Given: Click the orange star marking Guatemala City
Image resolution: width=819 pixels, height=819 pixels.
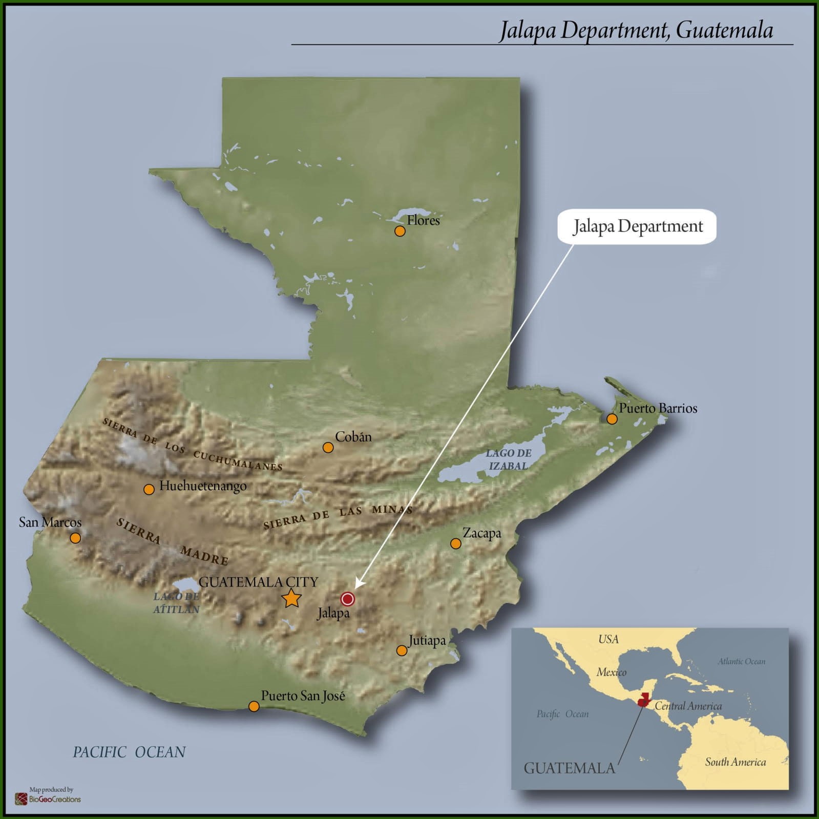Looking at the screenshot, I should coord(291,598).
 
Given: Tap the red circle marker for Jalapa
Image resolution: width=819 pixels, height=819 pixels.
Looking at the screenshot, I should coord(348,599).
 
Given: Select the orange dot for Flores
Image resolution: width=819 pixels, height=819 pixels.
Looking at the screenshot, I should coord(400,231).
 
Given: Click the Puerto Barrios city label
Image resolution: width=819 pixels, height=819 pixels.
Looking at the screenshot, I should coord(658,408).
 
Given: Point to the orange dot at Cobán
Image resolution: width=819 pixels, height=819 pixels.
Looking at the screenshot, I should coord(328,448).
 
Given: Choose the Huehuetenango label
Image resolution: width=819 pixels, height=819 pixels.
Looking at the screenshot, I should coord(203,486).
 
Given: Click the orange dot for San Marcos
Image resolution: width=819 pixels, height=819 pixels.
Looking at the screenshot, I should coord(75,538).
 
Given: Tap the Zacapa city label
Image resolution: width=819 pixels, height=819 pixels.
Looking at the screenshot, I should coord(481,533).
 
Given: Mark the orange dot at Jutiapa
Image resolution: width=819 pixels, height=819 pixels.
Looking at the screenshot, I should coord(402,650).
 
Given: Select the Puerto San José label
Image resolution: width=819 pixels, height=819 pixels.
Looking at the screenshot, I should coord(303,696).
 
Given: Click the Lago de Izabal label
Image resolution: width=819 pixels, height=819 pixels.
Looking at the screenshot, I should coord(508,459).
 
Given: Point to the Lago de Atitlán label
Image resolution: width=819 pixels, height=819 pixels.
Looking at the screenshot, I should coord(176,603).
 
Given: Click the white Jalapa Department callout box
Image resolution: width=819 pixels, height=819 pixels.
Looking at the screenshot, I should coord(637,226).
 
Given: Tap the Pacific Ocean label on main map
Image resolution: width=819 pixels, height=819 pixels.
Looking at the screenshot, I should coord(129,752).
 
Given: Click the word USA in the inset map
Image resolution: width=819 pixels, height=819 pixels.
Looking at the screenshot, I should coord(608,639).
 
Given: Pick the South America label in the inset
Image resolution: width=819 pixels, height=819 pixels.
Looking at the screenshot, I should coord(735,762).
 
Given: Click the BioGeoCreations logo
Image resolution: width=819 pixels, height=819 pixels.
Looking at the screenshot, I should coord(48,798).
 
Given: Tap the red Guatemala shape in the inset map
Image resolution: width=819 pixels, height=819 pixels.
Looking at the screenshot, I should coord(643,700).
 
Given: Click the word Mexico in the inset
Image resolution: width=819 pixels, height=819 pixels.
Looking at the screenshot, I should coord(611,672).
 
